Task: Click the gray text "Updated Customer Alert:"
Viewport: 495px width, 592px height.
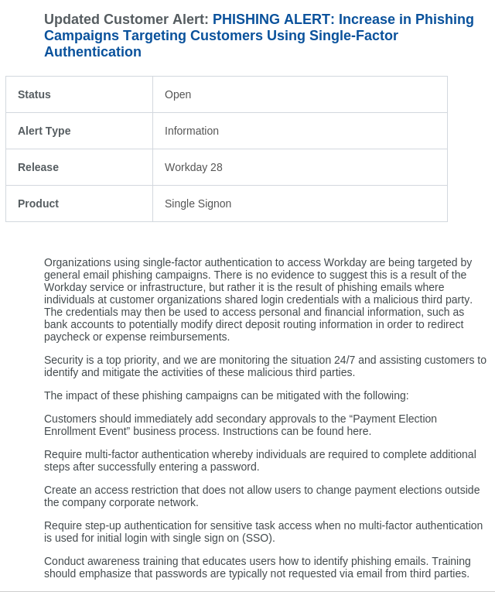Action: (x=126, y=19)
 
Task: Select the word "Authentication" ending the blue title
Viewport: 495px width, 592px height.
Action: (x=93, y=52)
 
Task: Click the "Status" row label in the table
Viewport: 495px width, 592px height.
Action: (x=34, y=94)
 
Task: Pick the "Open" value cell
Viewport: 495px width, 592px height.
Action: (x=178, y=94)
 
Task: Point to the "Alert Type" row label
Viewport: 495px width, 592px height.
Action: (x=44, y=131)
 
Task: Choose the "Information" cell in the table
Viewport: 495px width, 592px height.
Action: (x=192, y=131)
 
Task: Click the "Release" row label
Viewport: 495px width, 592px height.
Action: (x=38, y=167)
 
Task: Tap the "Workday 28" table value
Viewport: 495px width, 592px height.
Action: (x=193, y=167)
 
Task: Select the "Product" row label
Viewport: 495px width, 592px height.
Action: (x=38, y=204)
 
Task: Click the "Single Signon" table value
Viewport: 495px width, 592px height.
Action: (x=198, y=204)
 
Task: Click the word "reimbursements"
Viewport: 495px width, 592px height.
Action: (x=191, y=337)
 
